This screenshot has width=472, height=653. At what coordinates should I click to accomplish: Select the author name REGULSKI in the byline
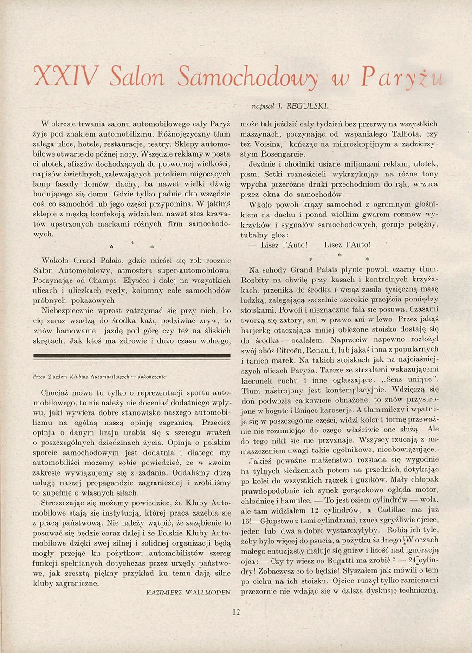click(x=311, y=106)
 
